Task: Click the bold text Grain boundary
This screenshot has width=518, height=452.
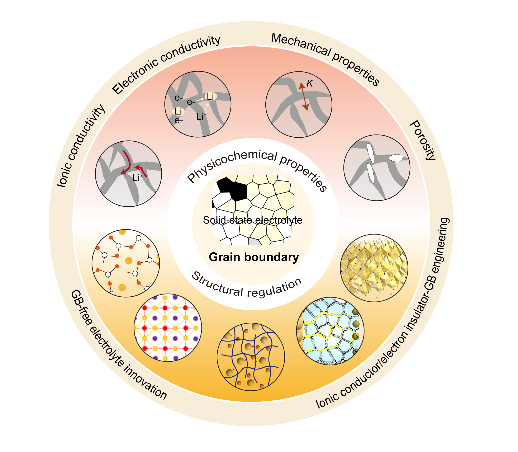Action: pyautogui.click(x=254, y=257)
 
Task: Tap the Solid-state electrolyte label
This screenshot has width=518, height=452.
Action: pyautogui.click(x=253, y=220)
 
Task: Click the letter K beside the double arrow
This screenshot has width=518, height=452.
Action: pyautogui.click(x=310, y=84)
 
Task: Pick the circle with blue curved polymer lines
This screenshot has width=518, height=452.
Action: pyautogui.click(x=251, y=357)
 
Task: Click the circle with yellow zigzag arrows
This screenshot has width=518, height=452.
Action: pyautogui.click(x=330, y=330)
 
